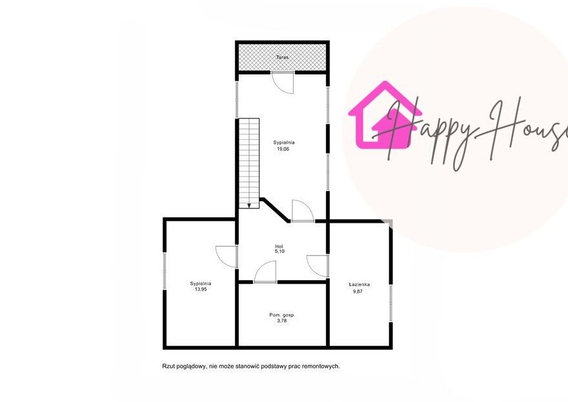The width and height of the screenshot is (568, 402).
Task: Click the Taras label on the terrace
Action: point(282,57)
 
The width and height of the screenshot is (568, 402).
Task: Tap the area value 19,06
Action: point(283,149)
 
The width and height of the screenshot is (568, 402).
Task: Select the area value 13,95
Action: point(201,289)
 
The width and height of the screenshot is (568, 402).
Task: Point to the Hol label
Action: point(279,247)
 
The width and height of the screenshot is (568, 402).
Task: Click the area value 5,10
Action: point(279,251)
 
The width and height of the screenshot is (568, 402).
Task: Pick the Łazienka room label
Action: point(359,285)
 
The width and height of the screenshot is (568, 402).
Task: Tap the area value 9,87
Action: point(358,291)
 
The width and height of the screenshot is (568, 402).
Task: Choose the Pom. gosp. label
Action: point(282,315)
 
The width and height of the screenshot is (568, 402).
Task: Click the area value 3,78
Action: point(281,321)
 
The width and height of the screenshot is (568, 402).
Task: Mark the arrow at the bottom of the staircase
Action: point(249,205)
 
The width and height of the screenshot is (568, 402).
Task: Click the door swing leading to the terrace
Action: point(283,83)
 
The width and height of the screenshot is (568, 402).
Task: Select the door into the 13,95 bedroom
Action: point(226,257)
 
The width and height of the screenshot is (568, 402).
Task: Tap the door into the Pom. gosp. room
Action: point(265,271)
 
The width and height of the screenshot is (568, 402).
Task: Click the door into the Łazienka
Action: point(318,266)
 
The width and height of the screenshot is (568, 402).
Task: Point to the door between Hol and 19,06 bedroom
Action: point(303,210)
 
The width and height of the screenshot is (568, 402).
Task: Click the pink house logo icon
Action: point(385,115)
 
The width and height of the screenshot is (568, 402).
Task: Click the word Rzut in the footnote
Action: point(168,366)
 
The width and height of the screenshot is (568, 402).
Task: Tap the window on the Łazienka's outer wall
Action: point(391,303)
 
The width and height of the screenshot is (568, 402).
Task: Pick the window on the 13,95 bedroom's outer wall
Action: point(164,271)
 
